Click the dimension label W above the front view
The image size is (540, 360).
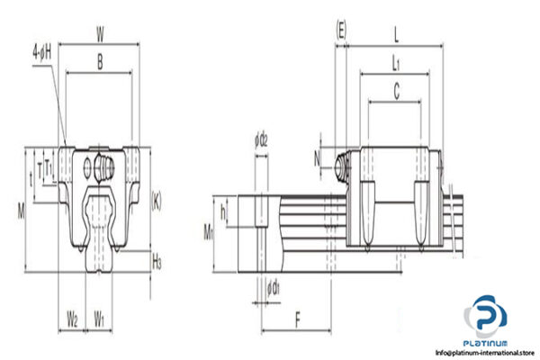(x=100, y=32)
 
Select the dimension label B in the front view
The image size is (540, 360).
(x=99, y=64)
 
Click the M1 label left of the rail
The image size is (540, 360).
(x=207, y=234)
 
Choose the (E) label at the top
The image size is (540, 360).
(x=341, y=31)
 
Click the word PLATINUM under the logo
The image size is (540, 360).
(x=485, y=341)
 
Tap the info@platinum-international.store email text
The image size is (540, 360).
(x=484, y=352)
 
